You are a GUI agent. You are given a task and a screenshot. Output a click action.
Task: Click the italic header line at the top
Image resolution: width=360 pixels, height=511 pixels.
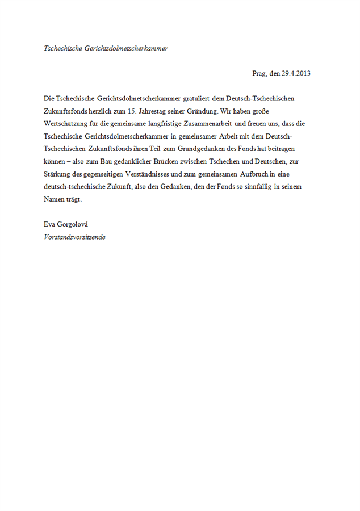click(106, 48)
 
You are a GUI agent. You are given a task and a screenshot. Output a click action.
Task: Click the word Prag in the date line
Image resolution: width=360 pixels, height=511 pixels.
click(259, 73)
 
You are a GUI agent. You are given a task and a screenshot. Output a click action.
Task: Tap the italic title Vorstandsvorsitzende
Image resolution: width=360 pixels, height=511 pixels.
click(74, 237)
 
